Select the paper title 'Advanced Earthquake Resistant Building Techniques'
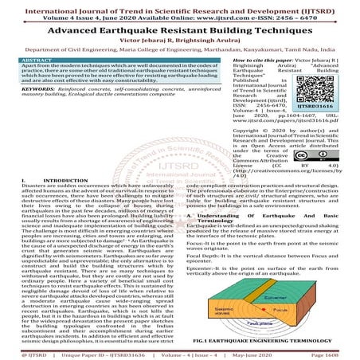tap(179, 29)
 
